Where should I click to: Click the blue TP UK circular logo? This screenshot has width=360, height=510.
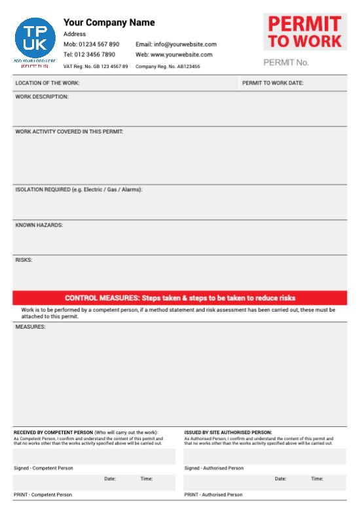click(x=35, y=38)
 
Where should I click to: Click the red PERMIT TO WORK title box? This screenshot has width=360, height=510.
click(x=305, y=32)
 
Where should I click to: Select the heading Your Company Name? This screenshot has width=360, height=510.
click(x=109, y=22)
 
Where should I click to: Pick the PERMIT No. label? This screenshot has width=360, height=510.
click(x=285, y=63)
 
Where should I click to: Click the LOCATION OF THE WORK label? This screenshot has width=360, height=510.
click(x=47, y=83)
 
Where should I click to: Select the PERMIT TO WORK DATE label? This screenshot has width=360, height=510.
click(x=273, y=83)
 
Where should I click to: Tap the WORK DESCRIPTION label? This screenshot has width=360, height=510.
click(x=42, y=97)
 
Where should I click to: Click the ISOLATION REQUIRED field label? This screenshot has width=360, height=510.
click(x=79, y=190)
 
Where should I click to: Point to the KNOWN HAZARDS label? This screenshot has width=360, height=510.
click(x=39, y=225)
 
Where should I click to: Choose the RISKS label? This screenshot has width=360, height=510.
click(x=24, y=260)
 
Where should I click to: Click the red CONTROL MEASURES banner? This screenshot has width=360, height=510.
click(x=180, y=298)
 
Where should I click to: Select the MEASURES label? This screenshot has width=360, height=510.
click(x=30, y=326)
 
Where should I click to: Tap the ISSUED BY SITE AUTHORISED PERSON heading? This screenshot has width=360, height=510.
click(x=228, y=433)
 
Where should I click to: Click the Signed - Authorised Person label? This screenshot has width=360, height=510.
click(x=213, y=468)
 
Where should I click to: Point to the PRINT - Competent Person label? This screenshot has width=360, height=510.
click(x=43, y=495)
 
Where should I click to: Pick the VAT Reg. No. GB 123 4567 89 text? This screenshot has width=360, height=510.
click(x=96, y=66)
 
